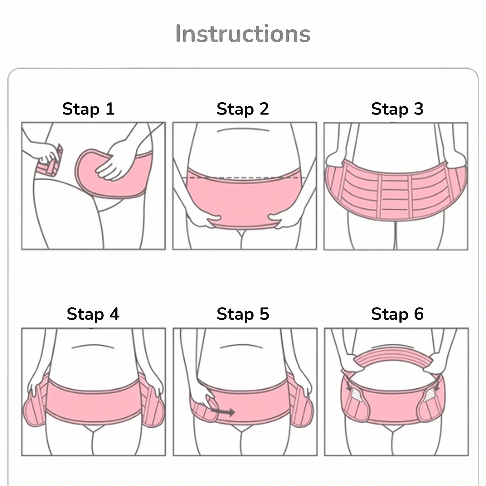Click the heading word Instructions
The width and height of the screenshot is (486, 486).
(243, 33)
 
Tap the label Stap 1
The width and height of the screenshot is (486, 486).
(89, 109)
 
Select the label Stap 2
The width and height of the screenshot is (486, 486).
(243, 109)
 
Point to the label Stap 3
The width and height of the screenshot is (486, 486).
(397, 109)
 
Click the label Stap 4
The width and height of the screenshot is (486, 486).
(93, 314)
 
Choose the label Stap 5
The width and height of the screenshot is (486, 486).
(243, 314)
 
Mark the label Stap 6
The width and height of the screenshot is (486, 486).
(397, 314)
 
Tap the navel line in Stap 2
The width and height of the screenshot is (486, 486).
(243, 130)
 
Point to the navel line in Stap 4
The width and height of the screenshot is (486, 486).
(93, 346)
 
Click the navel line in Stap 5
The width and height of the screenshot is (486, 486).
(241, 346)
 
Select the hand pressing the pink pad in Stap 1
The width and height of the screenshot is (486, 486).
(116, 161)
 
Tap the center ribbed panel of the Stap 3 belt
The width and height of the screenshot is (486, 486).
(396, 196)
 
